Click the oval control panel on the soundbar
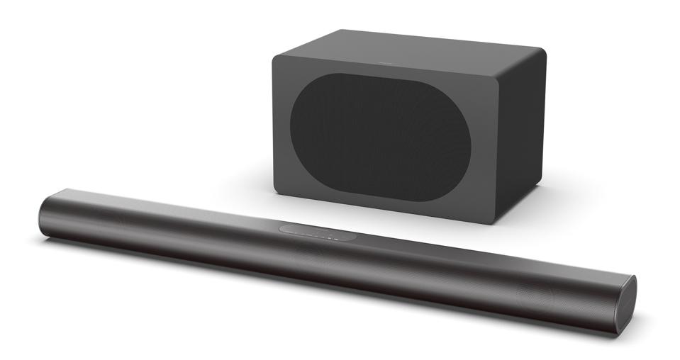(318, 232)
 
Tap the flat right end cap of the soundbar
(628, 304)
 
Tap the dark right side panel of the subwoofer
(521, 135)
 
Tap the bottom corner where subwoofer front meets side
(494, 220)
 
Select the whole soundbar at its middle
(333, 255)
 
